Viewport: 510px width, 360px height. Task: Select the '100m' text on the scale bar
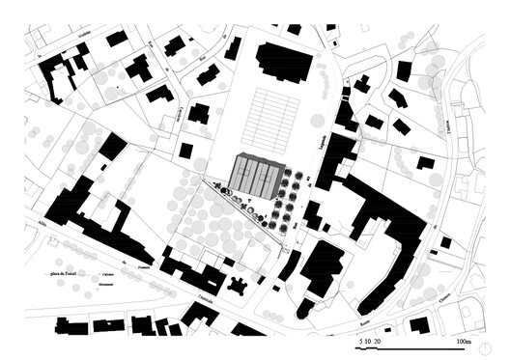click(464, 342)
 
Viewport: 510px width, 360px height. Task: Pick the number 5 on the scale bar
click(360, 342)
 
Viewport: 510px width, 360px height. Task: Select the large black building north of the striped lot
click(283, 63)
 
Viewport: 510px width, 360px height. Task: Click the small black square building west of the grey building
click(186, 151)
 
